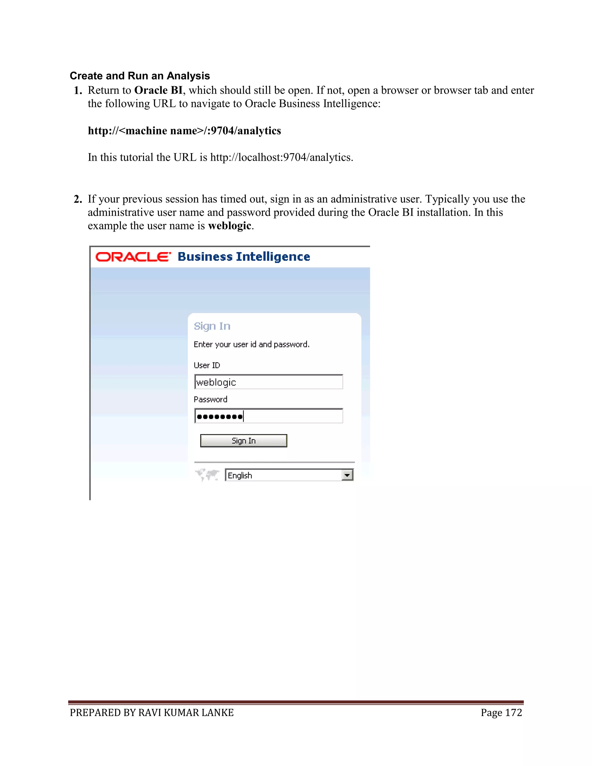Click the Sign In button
pos(243,441)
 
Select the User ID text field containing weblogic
pos(268,382)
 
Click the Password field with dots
pos(268,416)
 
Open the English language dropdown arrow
pos(347,475)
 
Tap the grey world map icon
pos(207,475)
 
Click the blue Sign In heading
pos(212,326)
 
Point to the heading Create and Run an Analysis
pos(140,76)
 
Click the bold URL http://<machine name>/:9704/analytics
pos(184,130)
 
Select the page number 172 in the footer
pos(513,712)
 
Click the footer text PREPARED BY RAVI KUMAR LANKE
pos(151,712)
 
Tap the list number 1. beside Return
pos(78,90)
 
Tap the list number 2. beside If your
pos(78,199)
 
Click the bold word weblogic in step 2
pos(229,225)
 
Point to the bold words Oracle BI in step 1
pos(158,90)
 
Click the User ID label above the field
pos(207,365)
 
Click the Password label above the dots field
pos(210,399)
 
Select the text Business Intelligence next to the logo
pos(244,256)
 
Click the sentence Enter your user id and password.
pos(251,345)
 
